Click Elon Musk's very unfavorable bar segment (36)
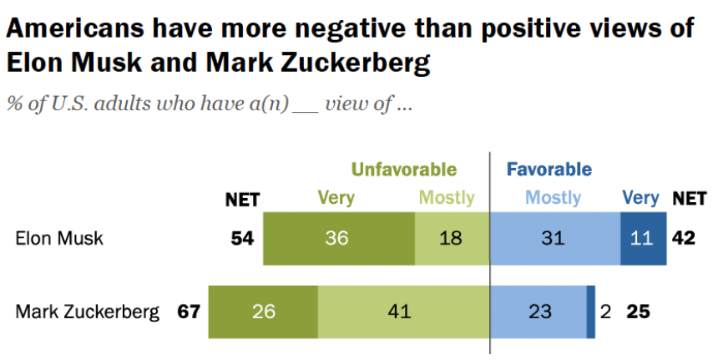[x=339, y=238]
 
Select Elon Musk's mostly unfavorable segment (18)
[x=452, y=238]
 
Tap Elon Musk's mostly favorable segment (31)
[x=555, y=238]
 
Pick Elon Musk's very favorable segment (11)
[x=644, y=238]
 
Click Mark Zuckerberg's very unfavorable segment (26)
[x=263, y=312]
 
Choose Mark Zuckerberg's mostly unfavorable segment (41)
[x=403, y=312]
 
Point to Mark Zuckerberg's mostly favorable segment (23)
[x=538, y=312]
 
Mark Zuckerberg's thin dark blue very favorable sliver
[x=591, y=312]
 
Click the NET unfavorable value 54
[x=242, y=238]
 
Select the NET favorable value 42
[x=684, y=238]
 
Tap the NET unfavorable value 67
[x=189, y=312]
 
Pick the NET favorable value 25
[x=638, y=312]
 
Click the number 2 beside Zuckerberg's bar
[x=605, y=312]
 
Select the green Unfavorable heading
[x=404, y=170]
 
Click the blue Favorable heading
[x=549, y=170]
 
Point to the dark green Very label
[x=336, y=198]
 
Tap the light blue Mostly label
[x=554, y=198]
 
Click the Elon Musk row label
[x=59, y=239]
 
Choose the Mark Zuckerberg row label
[x=88, y=312]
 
